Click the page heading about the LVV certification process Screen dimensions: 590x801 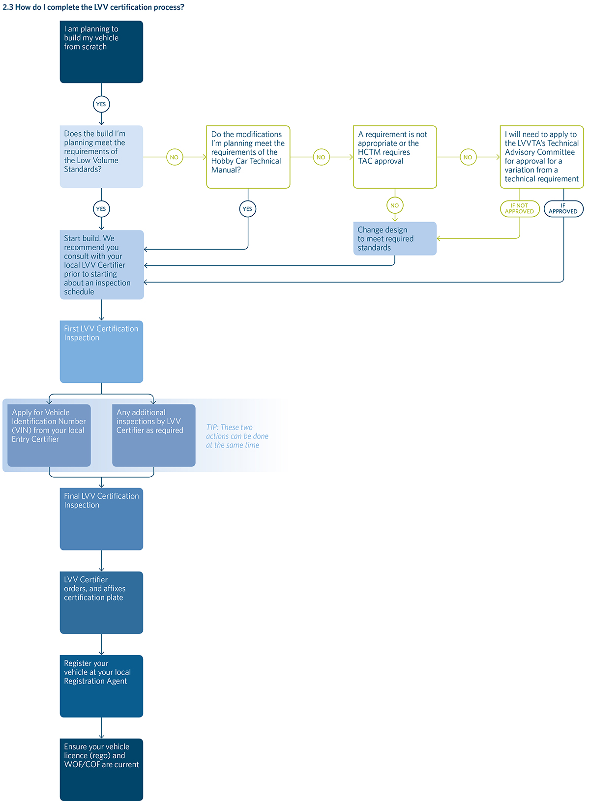pos(93,7)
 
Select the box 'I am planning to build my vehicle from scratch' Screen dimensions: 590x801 pos(101,52)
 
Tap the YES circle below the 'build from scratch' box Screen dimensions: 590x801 pos(101,104)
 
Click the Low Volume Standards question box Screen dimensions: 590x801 pos(101,157)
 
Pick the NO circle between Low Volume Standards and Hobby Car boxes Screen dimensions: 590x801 pos(175,157)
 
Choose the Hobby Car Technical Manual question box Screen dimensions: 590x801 pos(248,157)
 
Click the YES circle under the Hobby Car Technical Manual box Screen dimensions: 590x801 pos(248,209)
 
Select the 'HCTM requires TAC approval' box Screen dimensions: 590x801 pos(395,157)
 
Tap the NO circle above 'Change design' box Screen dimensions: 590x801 pos(395,205)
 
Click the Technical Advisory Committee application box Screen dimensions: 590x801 pos(542,157)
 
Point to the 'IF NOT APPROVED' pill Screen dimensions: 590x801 pos(520,209)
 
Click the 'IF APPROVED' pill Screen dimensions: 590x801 pos(563,209)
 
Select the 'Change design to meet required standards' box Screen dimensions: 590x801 pos(395,238)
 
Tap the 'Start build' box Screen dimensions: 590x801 pos(102,264)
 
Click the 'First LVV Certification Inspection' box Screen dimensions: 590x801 pos(101,352)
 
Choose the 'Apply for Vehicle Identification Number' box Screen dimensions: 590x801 pos(49,435)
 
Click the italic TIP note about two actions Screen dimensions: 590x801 pos(237,436)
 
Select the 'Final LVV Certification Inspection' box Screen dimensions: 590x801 pos(101,519)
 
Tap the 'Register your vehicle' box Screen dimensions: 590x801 pos(101,686)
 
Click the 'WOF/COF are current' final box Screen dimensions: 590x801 pos(101,770)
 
